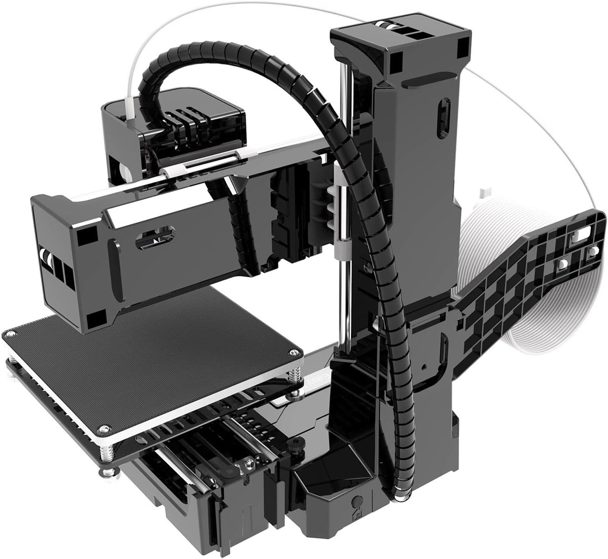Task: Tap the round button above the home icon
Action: pyautogui.click(x=357, y=502)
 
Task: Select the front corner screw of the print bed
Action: pyautogui.click(x=103, y=429)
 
